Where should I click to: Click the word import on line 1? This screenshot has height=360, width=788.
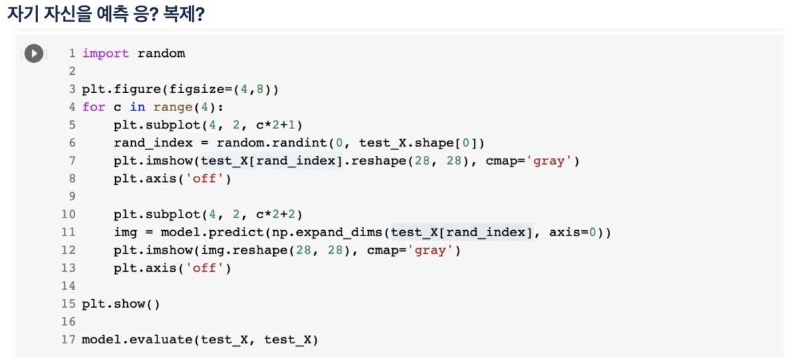click(x=105, y=54)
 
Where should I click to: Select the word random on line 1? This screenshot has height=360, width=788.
click(x=161, y=54)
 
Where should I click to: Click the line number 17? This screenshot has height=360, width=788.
click(x=68, y=340)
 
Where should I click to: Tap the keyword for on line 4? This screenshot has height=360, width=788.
click(x=94, y=107)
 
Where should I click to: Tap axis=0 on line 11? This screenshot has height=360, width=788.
click(x=576, y=233)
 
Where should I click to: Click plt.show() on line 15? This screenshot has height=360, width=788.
click(x=121, y=304)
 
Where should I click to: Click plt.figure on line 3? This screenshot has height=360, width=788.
click(x=121, y=90)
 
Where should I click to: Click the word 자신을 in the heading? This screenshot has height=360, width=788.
click(x=69, y=14)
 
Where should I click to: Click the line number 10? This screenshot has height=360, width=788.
click(x=68, y=215)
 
